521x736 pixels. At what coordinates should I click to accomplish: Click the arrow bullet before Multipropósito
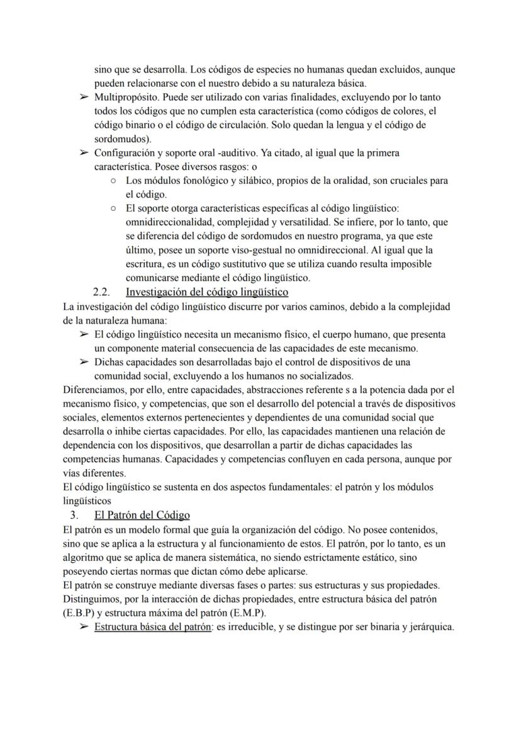click(x=83, y=98)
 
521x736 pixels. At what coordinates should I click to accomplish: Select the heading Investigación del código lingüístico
click(x=207, y=292)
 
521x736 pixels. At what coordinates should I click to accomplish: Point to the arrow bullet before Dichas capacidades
click(x=83, y=362)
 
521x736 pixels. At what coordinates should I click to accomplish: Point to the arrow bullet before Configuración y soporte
click(x=83, y=153)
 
